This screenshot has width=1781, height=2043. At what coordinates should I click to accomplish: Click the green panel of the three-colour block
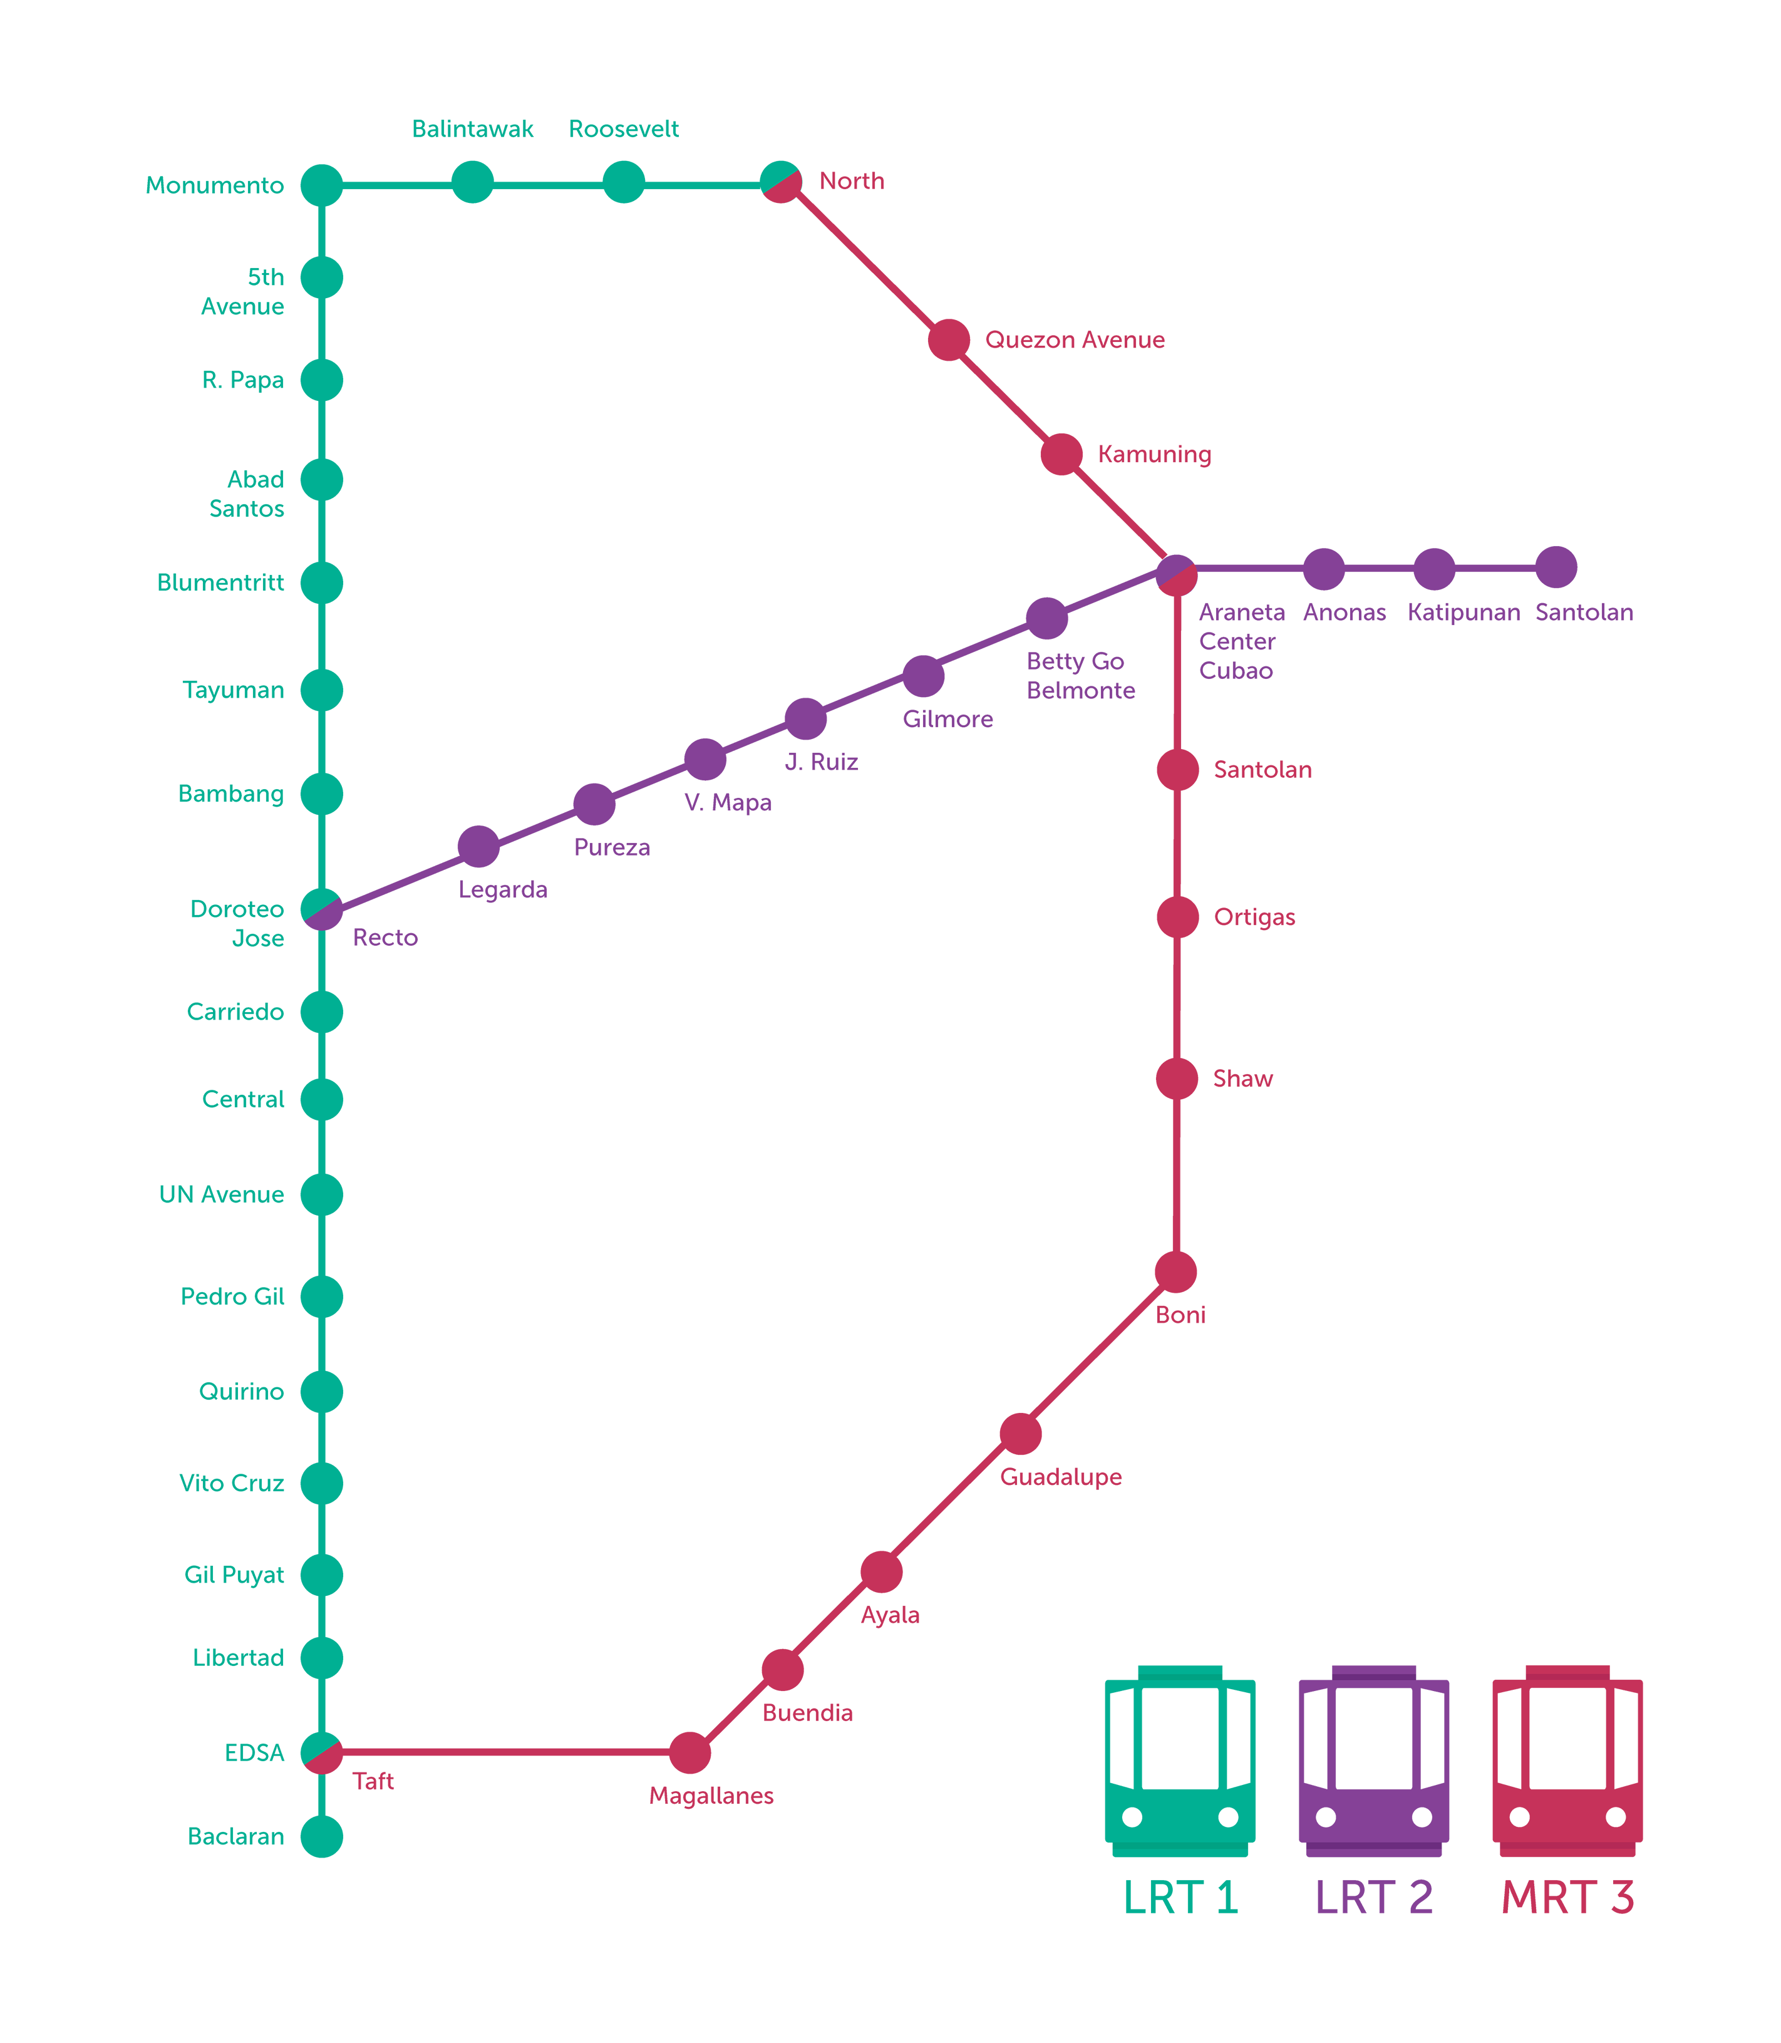[1190, 1779]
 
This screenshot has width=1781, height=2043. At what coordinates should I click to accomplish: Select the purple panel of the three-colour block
[1373, 1779]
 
